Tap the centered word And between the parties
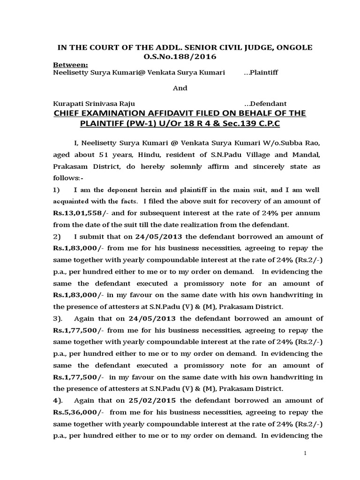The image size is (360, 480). pos(180,88)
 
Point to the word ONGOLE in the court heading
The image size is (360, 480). pos(294,48)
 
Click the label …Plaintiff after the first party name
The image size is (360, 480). pos(261,73)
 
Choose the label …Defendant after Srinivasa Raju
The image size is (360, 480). pos(265,104)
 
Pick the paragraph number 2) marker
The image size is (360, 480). pos(57,237)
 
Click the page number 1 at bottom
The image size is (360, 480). pos(305,453)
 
